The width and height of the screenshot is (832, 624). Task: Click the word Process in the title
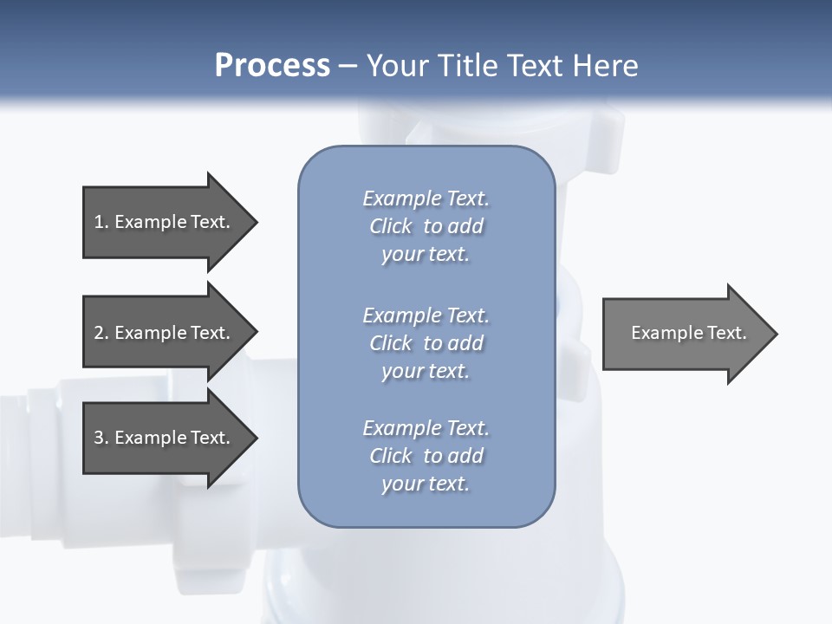click(x=272, y=66)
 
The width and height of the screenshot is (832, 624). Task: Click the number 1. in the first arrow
click(x=101, y=222)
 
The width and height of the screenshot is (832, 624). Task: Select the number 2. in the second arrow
click(x=101, y=333)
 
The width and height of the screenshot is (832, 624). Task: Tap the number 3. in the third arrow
click(x=101, y=438)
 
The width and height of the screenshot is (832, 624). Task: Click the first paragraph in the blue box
click(x=426, y=226)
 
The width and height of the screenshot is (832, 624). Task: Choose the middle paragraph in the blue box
click(x=426, y=342)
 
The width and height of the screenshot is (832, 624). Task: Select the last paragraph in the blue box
click(x=426, y=456)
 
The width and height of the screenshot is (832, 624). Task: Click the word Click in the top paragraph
click(x=391, y=226)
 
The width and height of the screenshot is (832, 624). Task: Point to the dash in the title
click(x=348, y=66)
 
